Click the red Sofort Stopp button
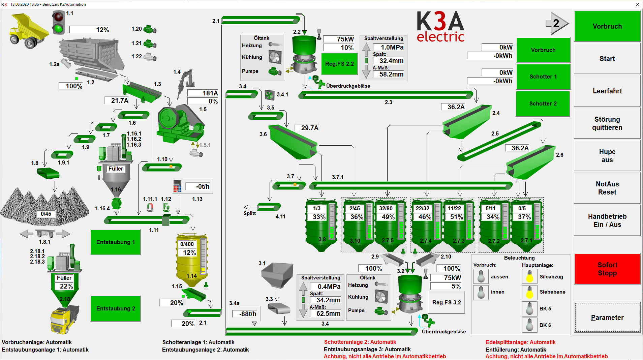click(607, 269)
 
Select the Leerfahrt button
click(607, 91)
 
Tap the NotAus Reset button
click(607, 188)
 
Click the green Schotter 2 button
click(543, 103)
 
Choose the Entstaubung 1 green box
click(116, 242)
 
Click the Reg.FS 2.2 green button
click(339, 64)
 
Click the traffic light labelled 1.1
click(59, 22)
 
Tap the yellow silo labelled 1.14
click(192, 260)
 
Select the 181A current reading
click(203, 93)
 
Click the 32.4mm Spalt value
click(389, 61)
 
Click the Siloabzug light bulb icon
click(529, 276)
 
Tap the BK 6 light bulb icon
click(529, 325)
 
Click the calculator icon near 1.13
click(177, 186)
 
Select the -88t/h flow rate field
click(246, 314)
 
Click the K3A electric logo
click(440, 27)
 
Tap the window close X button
click(637, 4)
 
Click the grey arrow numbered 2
click(557, 23)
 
